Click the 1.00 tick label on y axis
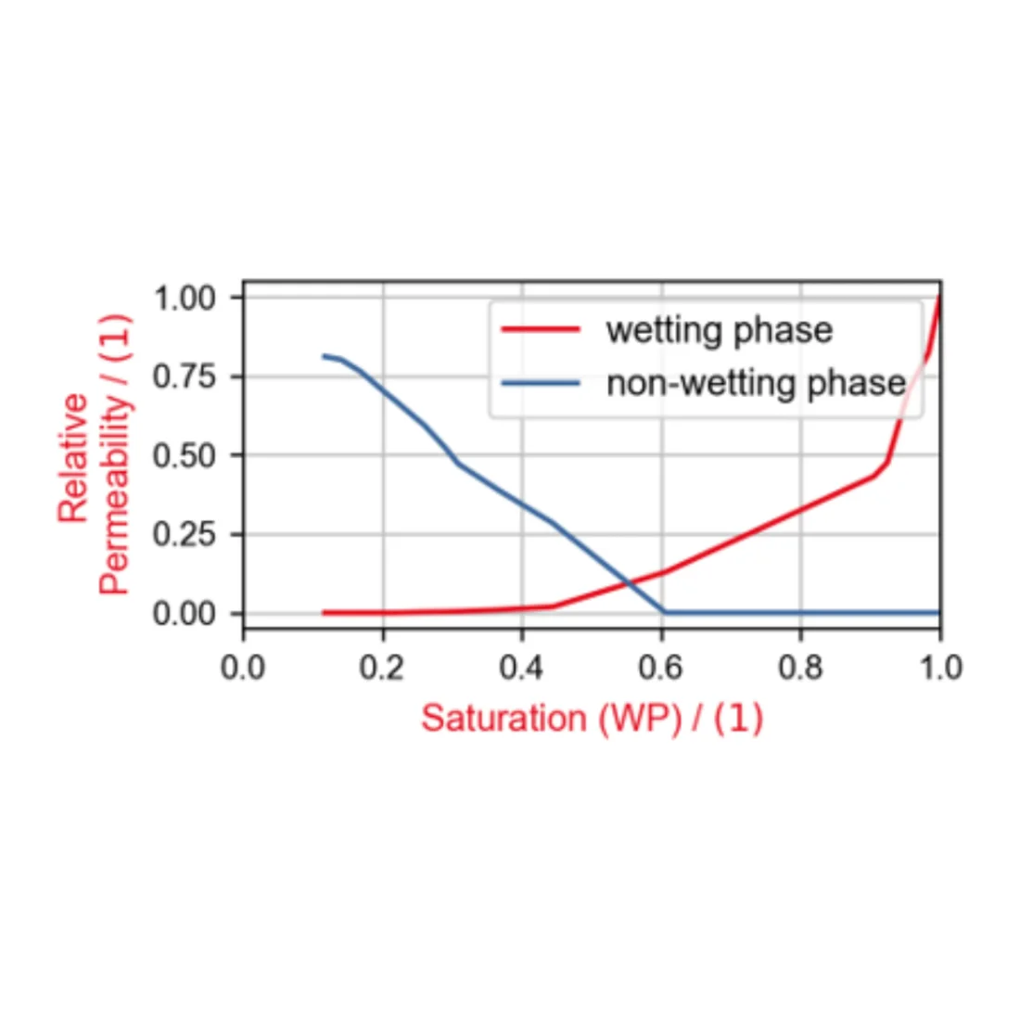point(184,299)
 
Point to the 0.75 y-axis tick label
point(184,376)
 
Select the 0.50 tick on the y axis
point(184,455)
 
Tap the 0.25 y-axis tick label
point(184,534)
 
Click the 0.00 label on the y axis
point(184,613)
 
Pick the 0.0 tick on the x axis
point(243,667)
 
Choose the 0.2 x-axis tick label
point(382,667)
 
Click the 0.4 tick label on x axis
point(522,667)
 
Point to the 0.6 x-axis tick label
point(661,667)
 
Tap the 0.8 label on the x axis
point(800,667)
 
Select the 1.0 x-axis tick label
point(939,667)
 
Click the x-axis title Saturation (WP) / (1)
point(592,719)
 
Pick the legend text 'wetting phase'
point(719,330)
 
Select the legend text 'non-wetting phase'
point(756,383)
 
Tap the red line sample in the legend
point(541,330)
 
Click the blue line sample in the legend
point(541,383)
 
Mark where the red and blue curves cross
point(629,582)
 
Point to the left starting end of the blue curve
point(324,355)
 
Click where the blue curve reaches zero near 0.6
point(663,612)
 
